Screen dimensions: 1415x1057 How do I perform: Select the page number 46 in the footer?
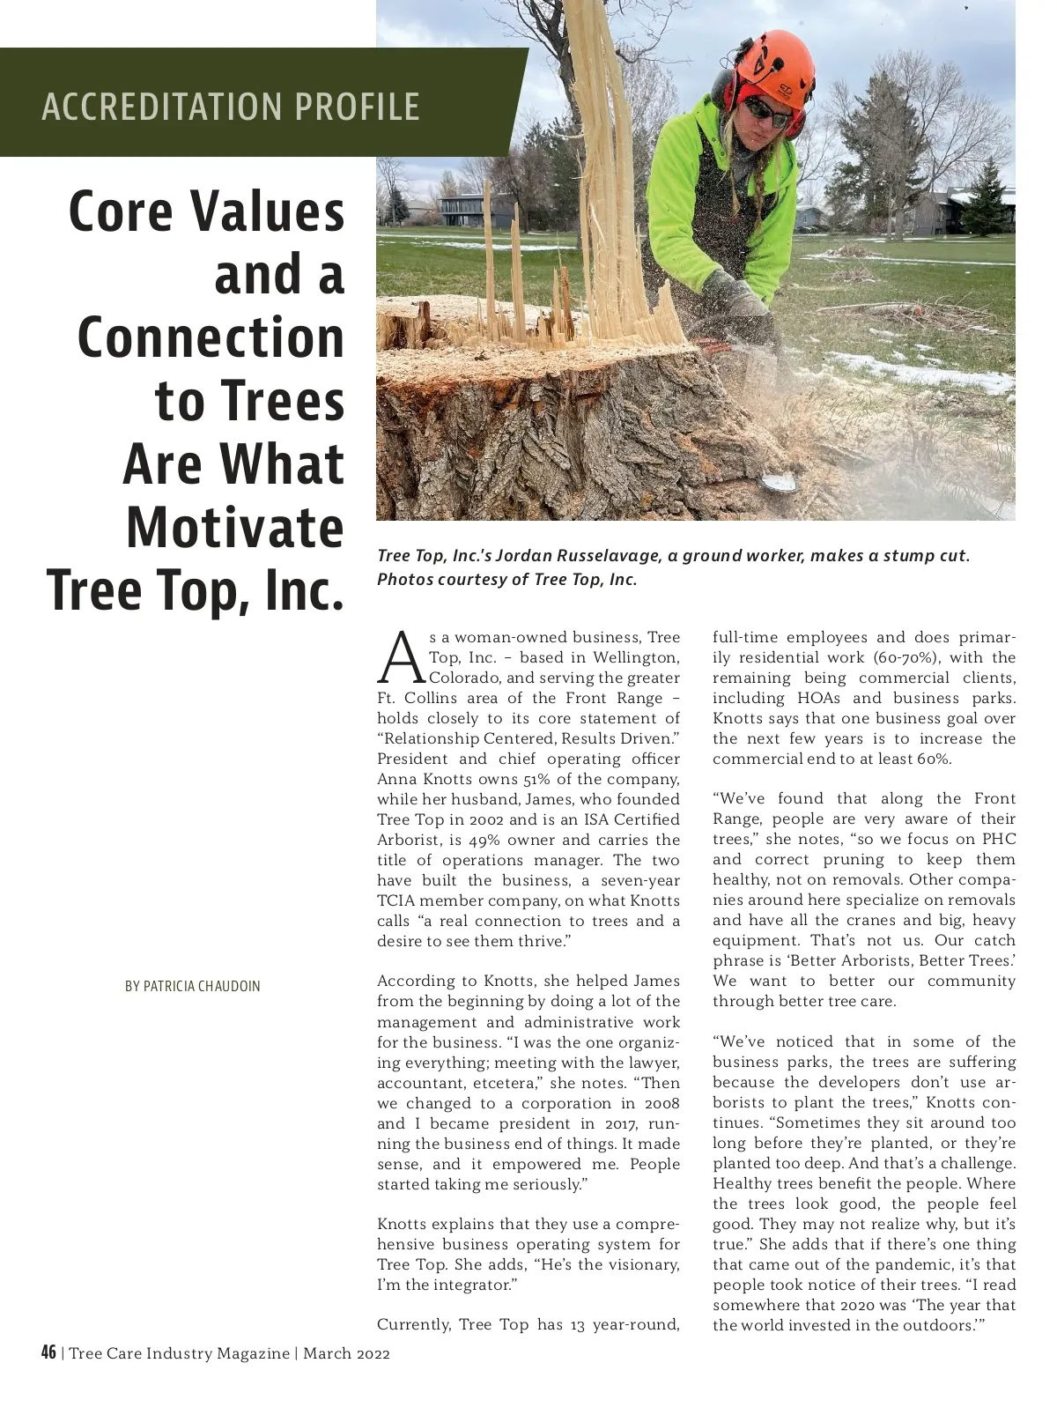pos(48,1352)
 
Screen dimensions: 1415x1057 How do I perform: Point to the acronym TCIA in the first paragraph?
pos(395,900)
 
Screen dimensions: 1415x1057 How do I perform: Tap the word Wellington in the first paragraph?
pos(636,657)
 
